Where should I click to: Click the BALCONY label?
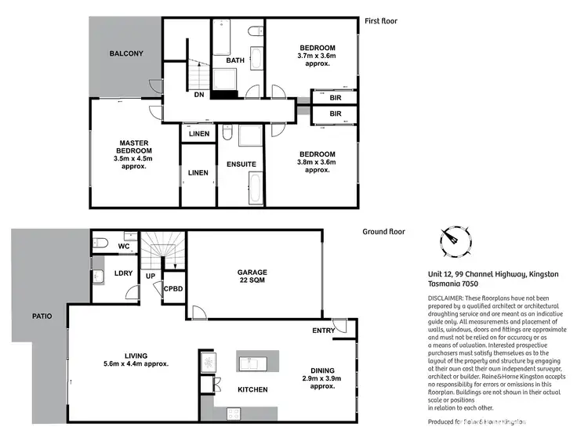tap(126, 53)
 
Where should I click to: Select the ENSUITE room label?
tap(241, 164)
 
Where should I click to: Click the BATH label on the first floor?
tap(235, 60)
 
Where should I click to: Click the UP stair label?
tap(150, 277)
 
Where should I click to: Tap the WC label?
tap(123, 247)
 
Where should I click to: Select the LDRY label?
tap(123, 273)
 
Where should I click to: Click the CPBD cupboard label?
tap(174, 289)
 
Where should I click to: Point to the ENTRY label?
tap(323, 331)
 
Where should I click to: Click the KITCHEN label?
tap(252, 389)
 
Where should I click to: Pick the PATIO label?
tap(42, 316)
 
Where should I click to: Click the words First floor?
tap(382, 21)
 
